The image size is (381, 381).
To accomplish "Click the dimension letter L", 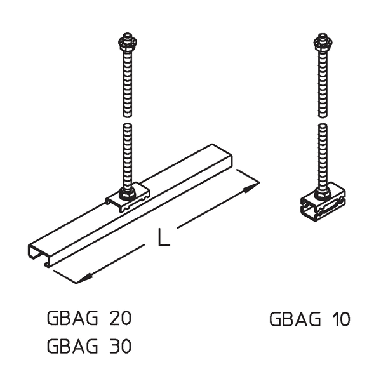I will (163, 238).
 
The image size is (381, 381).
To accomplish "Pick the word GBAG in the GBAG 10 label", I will (293, 318).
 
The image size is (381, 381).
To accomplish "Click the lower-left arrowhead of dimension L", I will (82, 279).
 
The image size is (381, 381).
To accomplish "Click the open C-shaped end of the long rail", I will (39, 253).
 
